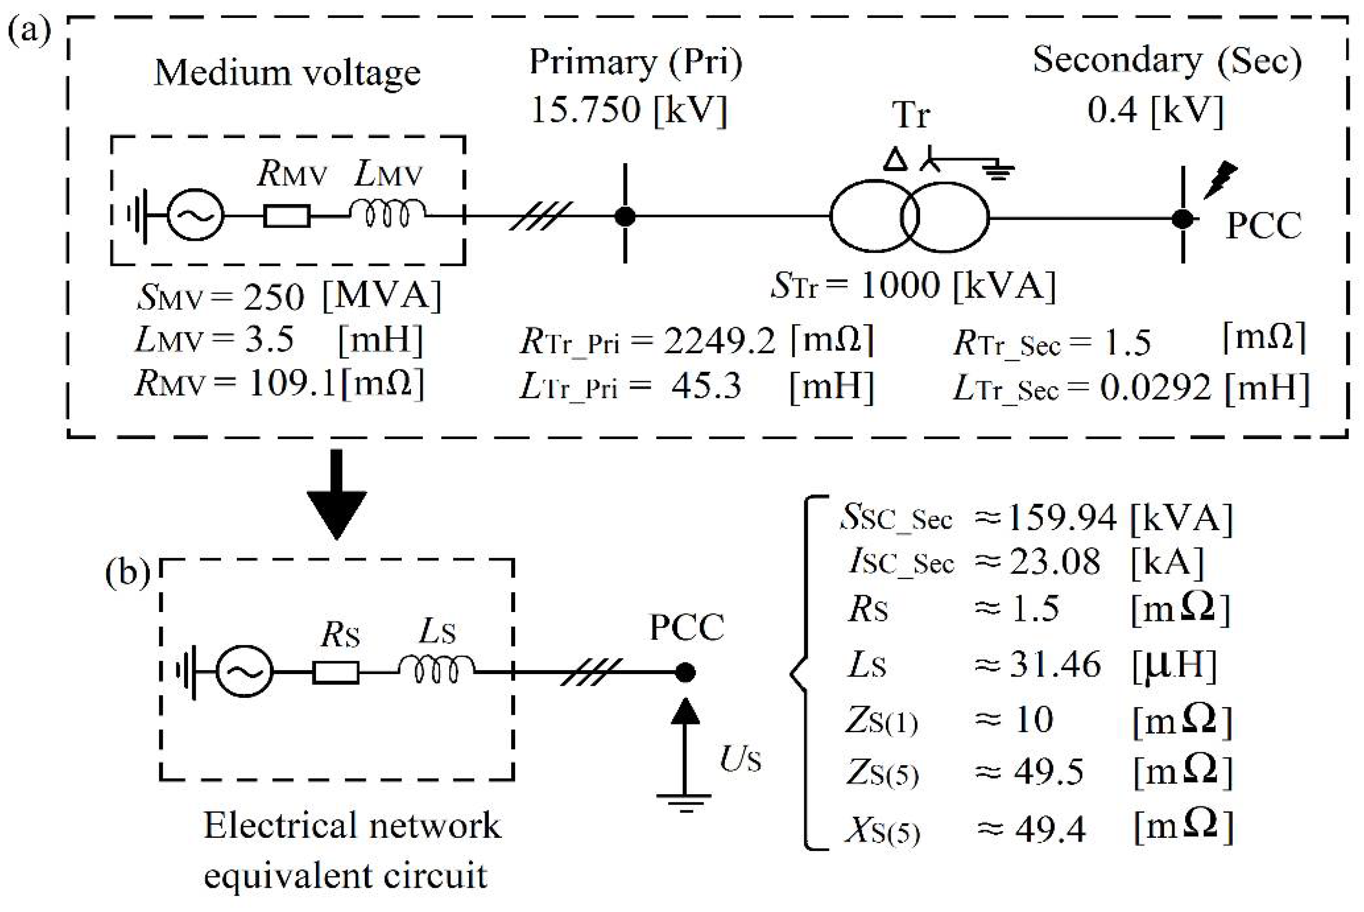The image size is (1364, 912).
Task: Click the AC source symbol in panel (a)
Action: [x=195, y=216]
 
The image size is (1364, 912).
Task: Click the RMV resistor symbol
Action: [x=287, y=216]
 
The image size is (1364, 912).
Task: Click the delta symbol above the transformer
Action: [x=895, y=159]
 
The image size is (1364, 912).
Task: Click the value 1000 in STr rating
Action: [x=899, y=285]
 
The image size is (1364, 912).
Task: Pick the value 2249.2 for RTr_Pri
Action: [x=720, y=340]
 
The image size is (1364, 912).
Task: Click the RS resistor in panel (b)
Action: [x=335, y=674]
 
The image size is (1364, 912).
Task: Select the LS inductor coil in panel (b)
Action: [x=436, y=671]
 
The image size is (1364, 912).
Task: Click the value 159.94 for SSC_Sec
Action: [x=1062, y=517]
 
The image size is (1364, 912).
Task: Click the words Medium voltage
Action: [x=287, y=73]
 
